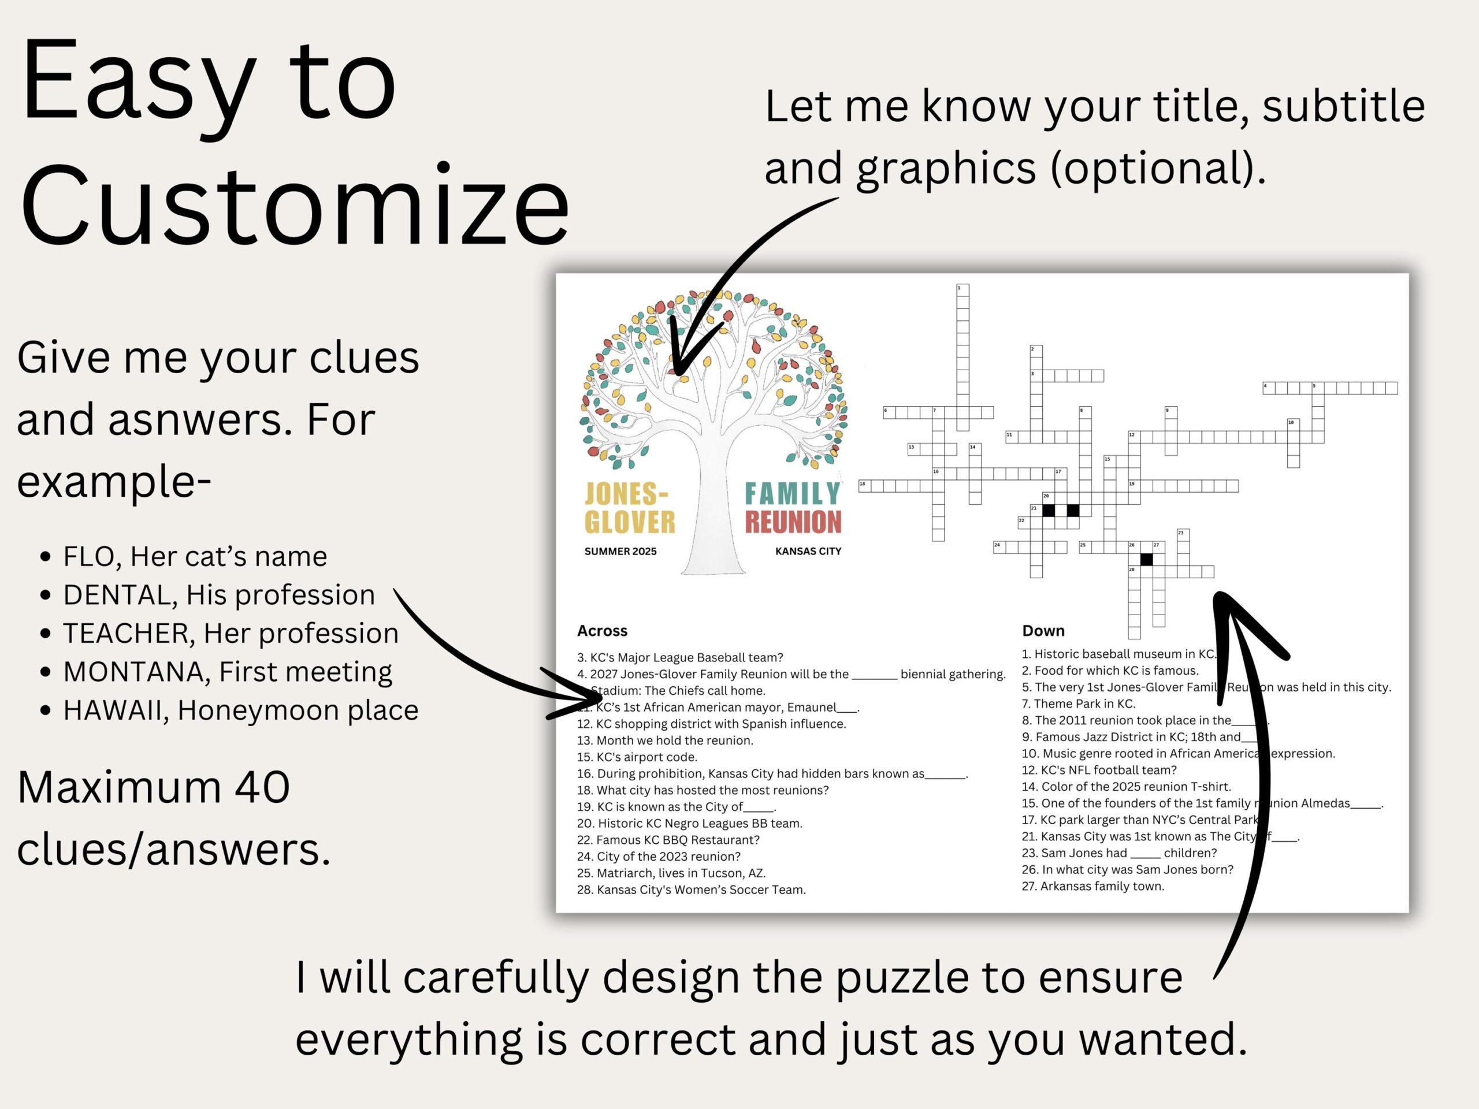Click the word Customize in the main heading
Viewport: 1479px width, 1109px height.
(294, 204)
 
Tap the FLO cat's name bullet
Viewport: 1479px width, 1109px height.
(195, 556)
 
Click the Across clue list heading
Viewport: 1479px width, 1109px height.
(602, 630)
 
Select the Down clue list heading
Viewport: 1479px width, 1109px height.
(1042, 630)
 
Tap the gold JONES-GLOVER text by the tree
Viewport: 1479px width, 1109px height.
(629, 508)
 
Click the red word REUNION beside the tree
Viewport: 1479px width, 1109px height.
(793, 522)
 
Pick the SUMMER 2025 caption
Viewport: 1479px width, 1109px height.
(620, 552)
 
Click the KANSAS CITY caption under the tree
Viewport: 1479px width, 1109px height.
(808, 552)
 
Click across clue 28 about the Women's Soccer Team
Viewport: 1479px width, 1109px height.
(692, 890)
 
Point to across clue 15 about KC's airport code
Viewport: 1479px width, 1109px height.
(637, 757)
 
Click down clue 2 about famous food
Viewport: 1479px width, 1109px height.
(1110, 671)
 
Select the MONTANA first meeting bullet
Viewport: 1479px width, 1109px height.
(227, 672)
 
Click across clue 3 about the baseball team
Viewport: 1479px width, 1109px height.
(679, 658)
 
